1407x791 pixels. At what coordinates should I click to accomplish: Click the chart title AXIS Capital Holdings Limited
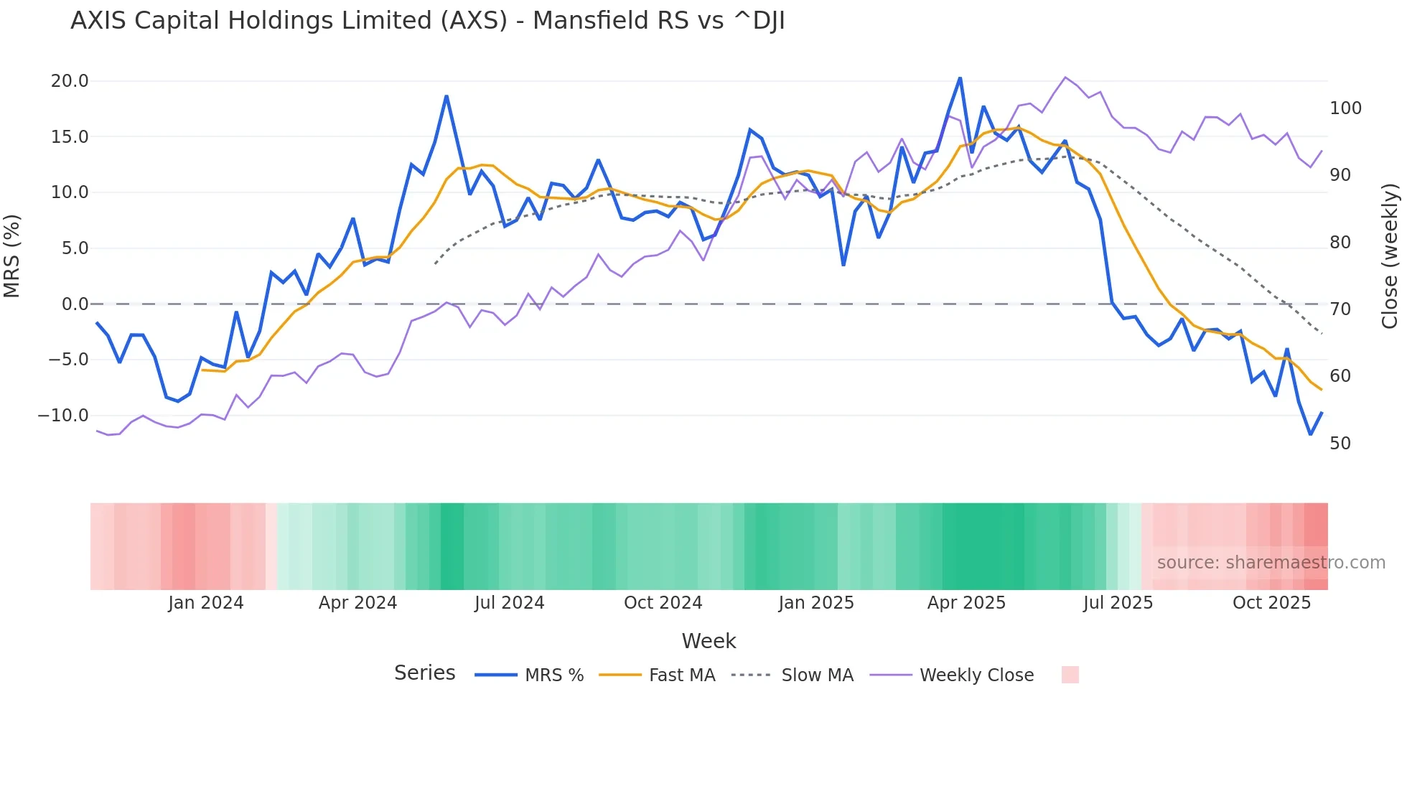tap(428, 21)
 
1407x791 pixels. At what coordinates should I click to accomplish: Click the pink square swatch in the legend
tap(1070, 675)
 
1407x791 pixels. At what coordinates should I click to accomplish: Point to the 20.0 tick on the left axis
tap(70, 81)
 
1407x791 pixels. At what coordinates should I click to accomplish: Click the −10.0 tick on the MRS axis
tap(63, 416)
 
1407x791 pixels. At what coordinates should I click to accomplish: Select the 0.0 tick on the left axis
tap(75, 304)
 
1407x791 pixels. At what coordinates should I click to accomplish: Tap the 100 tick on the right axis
tap(1345, 108)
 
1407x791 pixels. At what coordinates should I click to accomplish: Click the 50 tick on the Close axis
tap(1340, 444)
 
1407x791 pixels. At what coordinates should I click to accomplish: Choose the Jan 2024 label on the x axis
tap(206, 603)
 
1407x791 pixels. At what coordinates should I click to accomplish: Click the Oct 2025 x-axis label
tap(1271, 603)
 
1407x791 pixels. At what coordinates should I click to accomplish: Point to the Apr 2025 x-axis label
tap(966, 603)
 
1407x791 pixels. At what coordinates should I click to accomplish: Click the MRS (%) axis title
tap(12, 256)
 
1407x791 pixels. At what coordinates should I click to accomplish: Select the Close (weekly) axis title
tap(1390, 256)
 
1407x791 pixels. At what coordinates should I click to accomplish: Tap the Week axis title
tap(709, 641)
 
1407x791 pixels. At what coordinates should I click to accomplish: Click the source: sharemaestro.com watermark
tap(1271, 563)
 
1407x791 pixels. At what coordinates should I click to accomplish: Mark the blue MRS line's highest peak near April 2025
tap(960, 78)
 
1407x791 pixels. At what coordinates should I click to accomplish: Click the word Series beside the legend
tap(424, 673)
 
